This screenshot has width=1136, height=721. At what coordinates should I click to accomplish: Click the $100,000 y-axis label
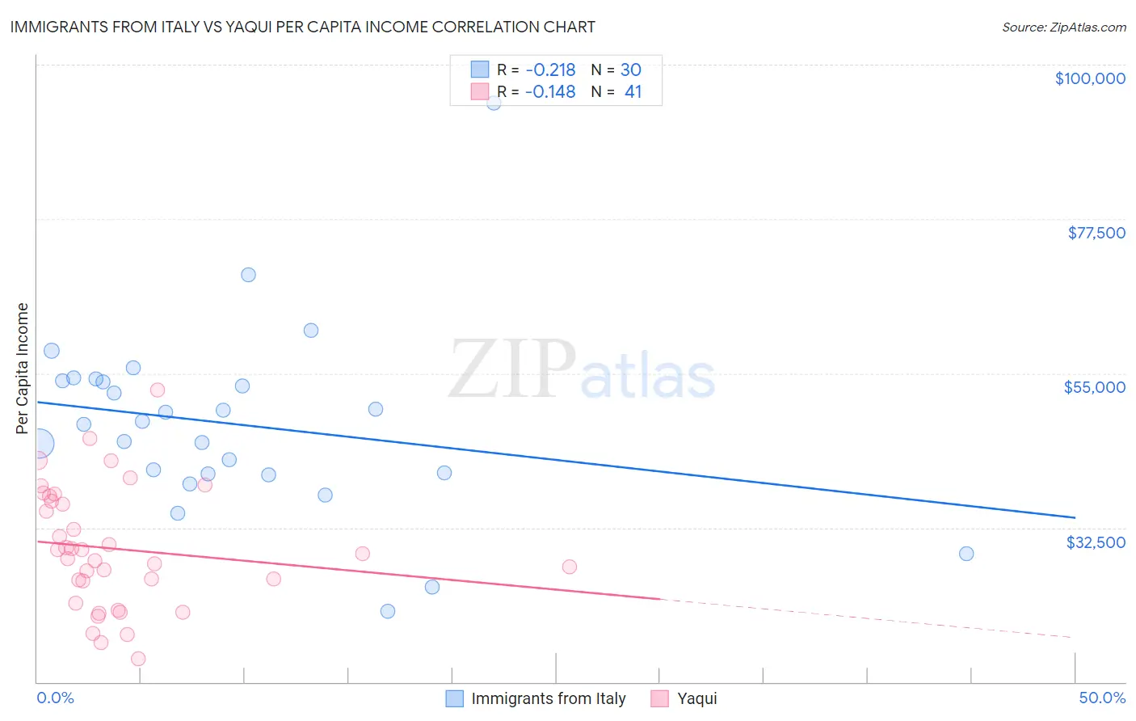click(x=1089, y=78)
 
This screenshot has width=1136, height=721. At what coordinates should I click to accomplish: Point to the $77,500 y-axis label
click(x=1096, y=233)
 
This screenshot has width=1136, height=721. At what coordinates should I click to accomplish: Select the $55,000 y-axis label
click(x=1094, y=387)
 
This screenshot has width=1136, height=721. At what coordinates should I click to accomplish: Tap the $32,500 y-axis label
click(x=1095, y=542)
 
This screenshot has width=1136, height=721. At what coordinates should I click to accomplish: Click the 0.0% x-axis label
click(x=55, y=698)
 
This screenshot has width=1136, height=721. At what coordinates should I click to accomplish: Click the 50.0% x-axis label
click(x=1101, y=698)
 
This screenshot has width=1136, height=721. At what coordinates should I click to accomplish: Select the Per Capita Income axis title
click(x=23, y=368)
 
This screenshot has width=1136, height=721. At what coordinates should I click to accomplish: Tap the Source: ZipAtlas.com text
click(x=1063, y=27)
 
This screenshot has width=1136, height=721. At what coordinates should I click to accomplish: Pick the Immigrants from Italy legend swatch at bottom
click(x=455, y=698)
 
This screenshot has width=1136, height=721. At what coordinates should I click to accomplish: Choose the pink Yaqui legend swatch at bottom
click(x=660, y=698)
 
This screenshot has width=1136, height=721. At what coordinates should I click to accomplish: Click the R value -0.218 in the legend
click(x=549, y=70)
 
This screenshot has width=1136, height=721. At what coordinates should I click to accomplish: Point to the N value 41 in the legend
click(x=633, y=92)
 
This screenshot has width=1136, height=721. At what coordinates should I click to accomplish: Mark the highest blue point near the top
click(x=494, y=102)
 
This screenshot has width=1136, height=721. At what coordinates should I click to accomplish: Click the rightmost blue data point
click(x=966, y=554)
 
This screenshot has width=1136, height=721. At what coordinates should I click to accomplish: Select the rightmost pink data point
click(x=570, y=567)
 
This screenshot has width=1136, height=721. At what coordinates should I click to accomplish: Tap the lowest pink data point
click(x=138, y=659)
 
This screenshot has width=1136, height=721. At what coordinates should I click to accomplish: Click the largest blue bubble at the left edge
click(x=39, y=443)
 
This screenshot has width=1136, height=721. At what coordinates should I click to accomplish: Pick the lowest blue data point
click(x=388, y=611)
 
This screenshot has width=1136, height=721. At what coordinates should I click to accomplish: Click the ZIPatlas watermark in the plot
click(x=582, y=371)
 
